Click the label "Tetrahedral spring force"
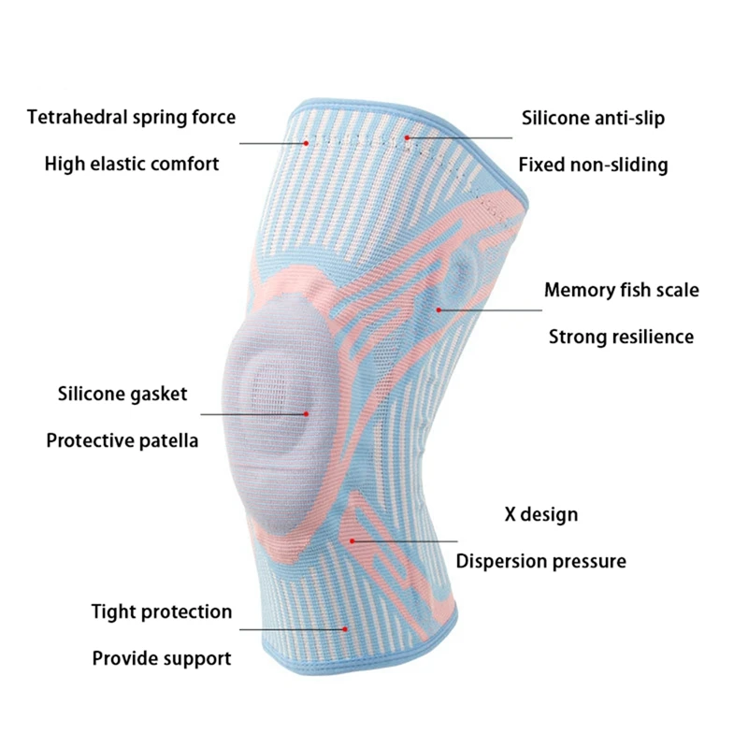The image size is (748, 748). click(131, 118)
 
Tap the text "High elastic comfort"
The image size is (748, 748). click(132, 164)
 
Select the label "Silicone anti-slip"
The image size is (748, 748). click(593, 119)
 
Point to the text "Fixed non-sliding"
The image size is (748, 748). click(593, 165)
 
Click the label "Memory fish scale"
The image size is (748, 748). click(621, 290)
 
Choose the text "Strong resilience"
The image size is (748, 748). click(621, 337)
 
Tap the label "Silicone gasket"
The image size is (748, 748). click(122, 394)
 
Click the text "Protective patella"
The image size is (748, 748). click(122, 440)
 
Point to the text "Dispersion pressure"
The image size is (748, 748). click(540, 561)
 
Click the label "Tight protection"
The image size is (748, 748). click(161, 612)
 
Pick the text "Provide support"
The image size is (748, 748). click(161, 658)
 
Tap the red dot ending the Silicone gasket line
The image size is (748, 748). click(305, 413)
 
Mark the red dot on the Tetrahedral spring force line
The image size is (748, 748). click(306, 142)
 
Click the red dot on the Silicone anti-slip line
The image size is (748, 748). click(408, 138)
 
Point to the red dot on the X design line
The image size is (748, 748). click(352, 540)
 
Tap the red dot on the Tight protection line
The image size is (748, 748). click(348, 629)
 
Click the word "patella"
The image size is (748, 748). click(166, 440)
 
